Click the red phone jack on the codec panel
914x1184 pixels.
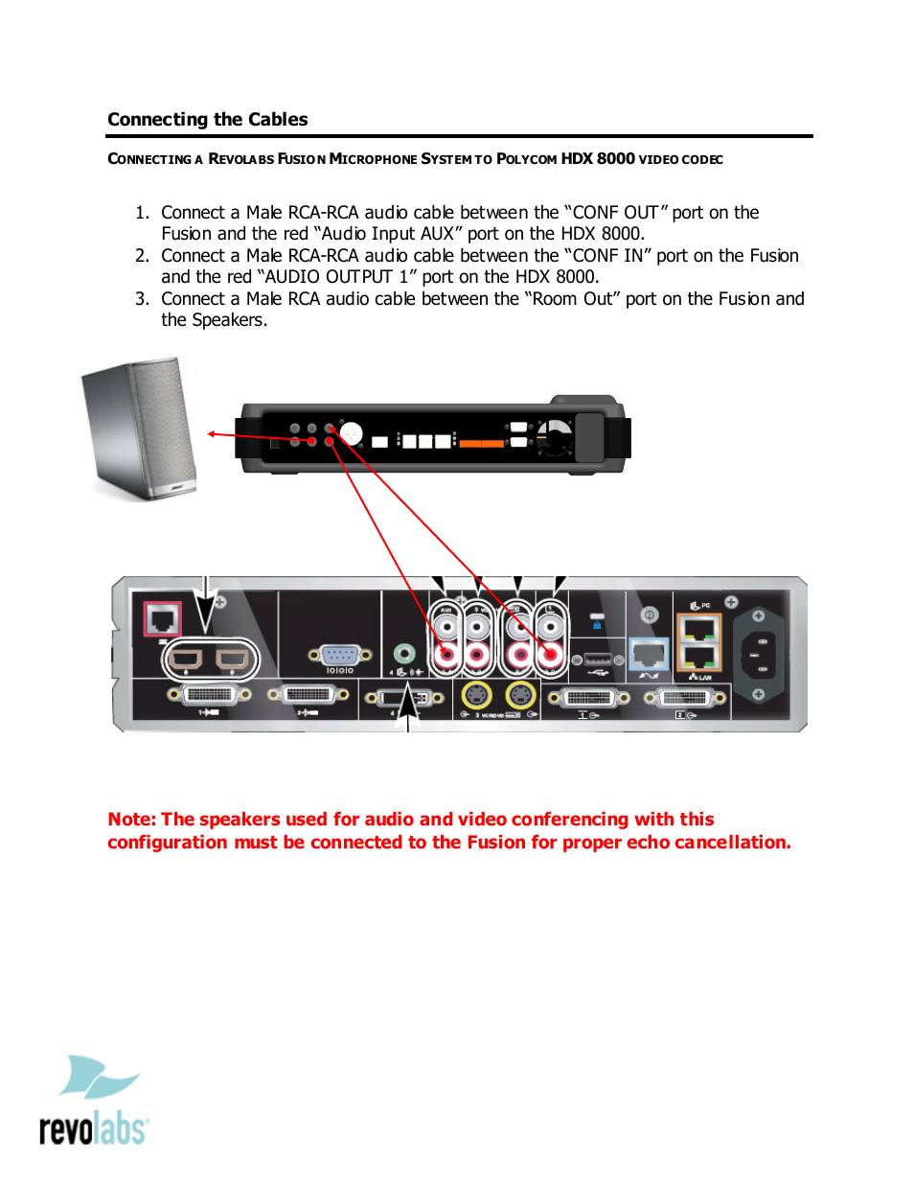coord(162,618)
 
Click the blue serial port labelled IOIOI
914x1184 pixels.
coord(339,656)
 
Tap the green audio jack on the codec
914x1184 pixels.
coord(404,654)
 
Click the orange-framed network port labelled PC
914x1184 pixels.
coord(698,630)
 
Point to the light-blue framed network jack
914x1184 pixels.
coord(649,653)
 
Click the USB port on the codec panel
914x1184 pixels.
coord(597,660)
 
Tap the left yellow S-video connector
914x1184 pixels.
coord(476,695)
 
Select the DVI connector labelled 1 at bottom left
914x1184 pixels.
coord(209,695)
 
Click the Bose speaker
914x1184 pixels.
coord(141,428)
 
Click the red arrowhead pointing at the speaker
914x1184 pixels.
coord(213,434)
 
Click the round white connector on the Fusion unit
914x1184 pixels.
coord(351,434)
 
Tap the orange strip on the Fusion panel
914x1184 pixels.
coord(481,443)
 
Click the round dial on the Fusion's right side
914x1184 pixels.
coord(555,438)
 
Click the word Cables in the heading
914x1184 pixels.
coord(278,120)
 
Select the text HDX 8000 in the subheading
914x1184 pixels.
coord(597,159)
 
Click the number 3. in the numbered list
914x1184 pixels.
coord(142,299)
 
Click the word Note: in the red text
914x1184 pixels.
coord(131,820)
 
